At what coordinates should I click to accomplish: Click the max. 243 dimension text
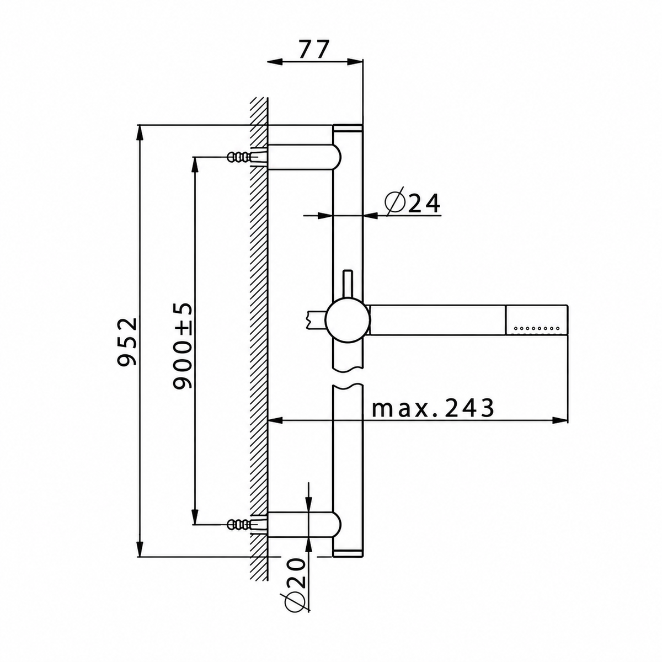[433, 408]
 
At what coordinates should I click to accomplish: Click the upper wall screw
[243, 157]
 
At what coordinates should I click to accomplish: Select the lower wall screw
[243, 534]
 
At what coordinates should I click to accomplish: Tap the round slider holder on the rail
[348, 320]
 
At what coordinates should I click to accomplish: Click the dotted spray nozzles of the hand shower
[537, 328]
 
